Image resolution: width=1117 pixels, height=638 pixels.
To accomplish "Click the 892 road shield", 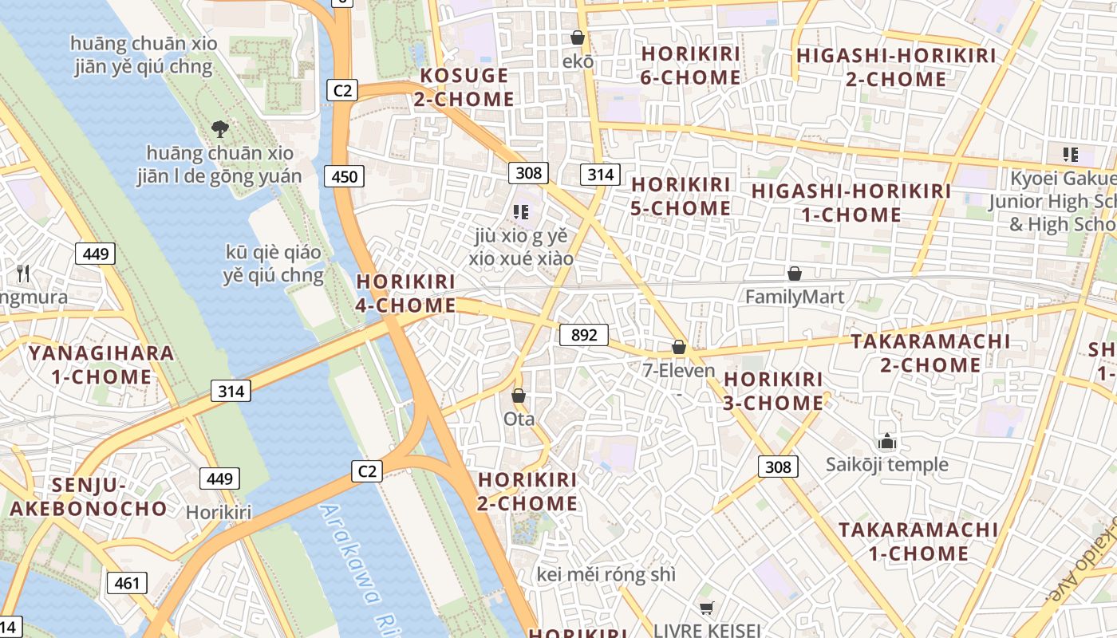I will pos(584,335).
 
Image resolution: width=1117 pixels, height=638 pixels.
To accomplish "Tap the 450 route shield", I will pos(344,176).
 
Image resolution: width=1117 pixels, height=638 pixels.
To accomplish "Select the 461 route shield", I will pos(127,583).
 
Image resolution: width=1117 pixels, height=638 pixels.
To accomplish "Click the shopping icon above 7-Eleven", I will pos(678,347).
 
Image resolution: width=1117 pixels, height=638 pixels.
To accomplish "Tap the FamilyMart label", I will pos(794,297).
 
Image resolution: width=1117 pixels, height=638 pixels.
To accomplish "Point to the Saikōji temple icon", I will pos(886,441).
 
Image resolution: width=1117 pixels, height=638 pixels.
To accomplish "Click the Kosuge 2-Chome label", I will pos(464,88).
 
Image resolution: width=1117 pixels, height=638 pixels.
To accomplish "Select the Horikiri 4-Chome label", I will pos(406,293).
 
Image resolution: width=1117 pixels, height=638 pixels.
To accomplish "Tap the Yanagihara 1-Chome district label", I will pos(101,364).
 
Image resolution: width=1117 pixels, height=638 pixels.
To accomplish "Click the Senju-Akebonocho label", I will pos(89,497).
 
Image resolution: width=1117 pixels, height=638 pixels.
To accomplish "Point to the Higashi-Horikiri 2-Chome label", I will pos(895,68).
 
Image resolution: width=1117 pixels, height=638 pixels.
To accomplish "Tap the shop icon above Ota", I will pos(519,396).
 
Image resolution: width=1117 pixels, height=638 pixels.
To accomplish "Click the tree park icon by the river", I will pos(219,128).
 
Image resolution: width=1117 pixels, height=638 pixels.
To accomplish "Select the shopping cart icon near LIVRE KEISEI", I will pos(705,608).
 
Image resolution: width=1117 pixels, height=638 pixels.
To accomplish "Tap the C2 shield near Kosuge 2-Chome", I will pos(342,90).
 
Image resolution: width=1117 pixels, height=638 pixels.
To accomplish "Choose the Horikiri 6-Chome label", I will pos(691,65).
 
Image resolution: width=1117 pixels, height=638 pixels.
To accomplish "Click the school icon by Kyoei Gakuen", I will pos(1070,154).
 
